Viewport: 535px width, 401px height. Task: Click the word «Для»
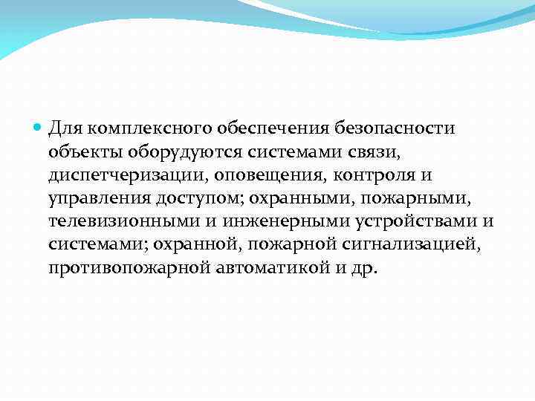(x=65, y=129)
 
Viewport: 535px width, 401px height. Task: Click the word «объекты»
(x=80, y=153)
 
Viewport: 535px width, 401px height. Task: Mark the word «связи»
(x=363, y=153)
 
